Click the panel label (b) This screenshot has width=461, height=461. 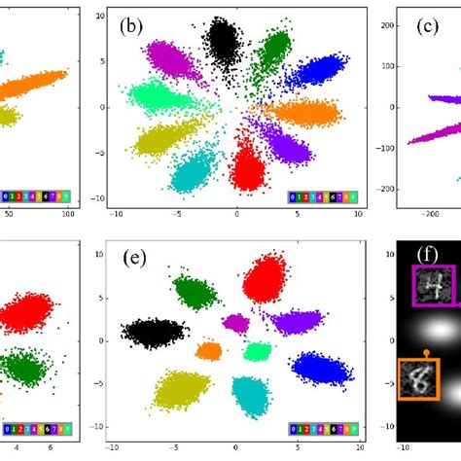click(x=131, y=26)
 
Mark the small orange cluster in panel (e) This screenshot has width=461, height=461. click(x=208, y=350)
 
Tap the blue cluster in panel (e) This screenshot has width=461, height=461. click(x=320, y=367)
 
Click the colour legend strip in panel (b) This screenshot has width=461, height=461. click(x=322, y=197)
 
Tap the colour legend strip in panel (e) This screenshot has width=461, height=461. click(x=322, y=428)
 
